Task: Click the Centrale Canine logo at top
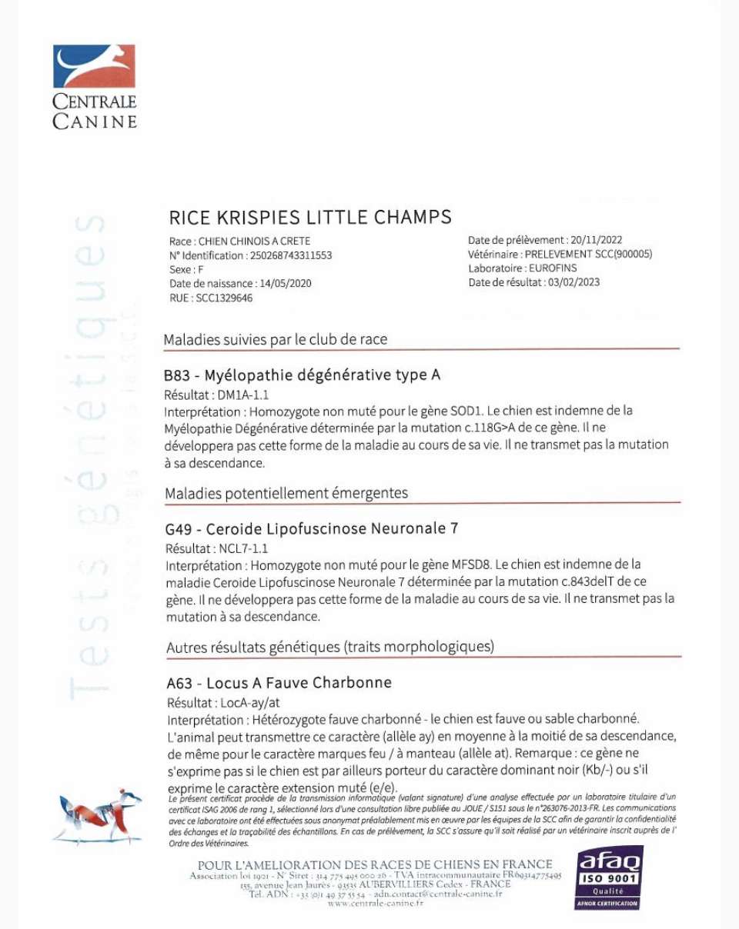click(x=94, y=86)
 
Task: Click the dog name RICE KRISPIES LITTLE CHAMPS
click(x=309, y=218)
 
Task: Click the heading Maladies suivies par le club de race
click(x=276, y=339)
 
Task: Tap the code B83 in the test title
click(x=177, y=375)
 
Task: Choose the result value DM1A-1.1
click(x=244, y=395)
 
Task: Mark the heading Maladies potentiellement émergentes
click(x=286, y=493)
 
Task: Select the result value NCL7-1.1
click(x=244, y=549)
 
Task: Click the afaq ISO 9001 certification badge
click(x=608, y=877)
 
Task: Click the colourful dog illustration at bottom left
click(x=97, y=817)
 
